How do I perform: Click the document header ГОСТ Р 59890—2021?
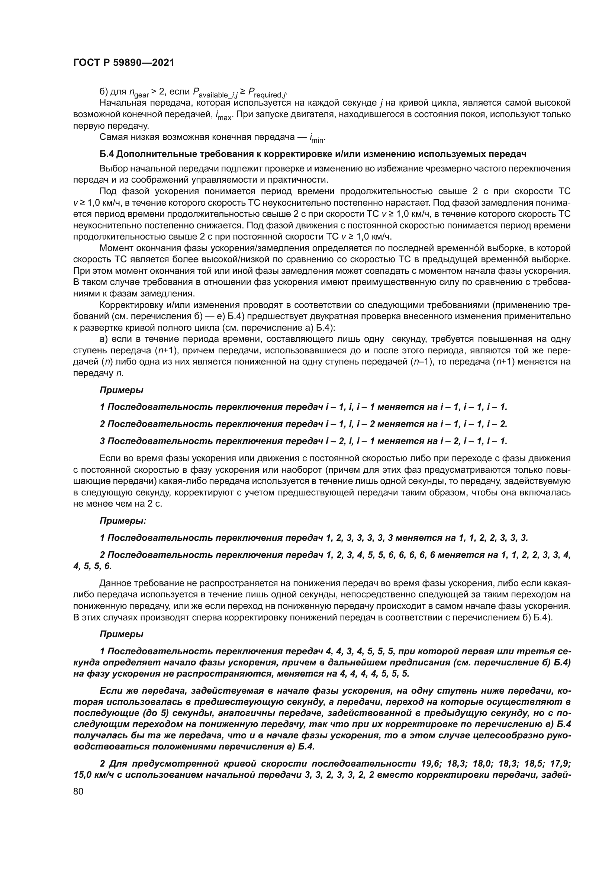coord(123,63)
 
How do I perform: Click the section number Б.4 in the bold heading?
coord(107,154)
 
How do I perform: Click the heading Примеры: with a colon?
coord(123,521)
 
